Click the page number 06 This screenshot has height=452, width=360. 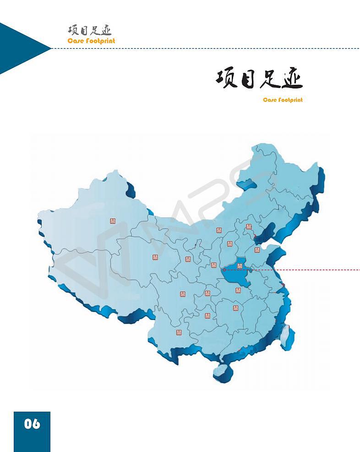tap(32, 424)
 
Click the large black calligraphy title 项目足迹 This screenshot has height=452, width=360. tap(259, 79)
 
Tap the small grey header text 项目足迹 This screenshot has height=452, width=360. tap(90, 31)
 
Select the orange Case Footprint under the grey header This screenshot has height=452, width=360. tap(91, 41)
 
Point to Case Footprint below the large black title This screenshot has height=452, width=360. tap(283, 100)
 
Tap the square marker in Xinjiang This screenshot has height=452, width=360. tap(113, 221)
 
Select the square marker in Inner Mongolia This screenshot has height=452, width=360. tap(219, 230)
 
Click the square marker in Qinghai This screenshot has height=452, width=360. tap(155, 257)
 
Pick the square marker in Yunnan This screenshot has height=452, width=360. tap(179, 332)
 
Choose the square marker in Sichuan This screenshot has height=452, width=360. tap(183, 293)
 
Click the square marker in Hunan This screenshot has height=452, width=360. tap(235, 308)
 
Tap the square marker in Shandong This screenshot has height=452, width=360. tap(257, 250)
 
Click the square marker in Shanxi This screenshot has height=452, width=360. tap(229, 243)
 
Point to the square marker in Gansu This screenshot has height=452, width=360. tap(188, 259)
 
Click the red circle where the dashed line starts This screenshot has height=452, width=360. tap(224, 270)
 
